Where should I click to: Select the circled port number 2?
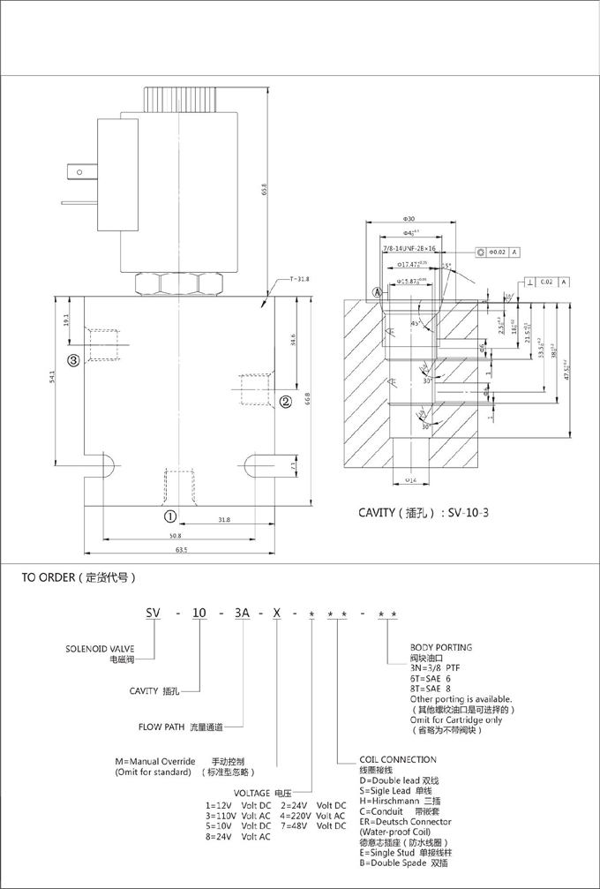(286, 403)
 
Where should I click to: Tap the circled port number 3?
(74, 359)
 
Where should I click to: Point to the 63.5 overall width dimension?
(182, 550)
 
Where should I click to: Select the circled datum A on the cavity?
(376, 291)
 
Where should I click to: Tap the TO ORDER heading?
(79, 578)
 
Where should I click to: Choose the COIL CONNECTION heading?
(397, 759)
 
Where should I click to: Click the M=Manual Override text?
(155, 760)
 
